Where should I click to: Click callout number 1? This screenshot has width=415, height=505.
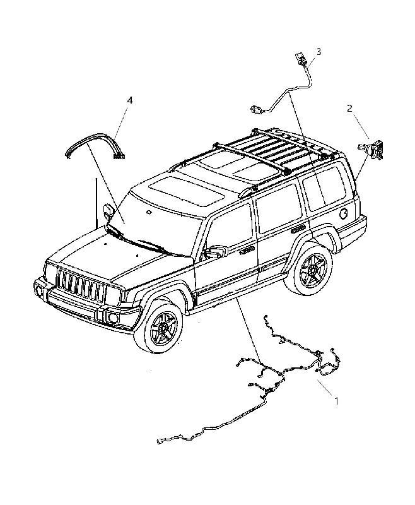pyautogui.click(x=337, y=401)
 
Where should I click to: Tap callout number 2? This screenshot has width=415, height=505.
pyautogui.click(x=349, y=109)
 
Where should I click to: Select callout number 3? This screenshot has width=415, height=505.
pyautogui.click(x=319, y=52)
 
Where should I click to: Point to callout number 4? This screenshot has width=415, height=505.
pyautogui.click(x=130, y=100)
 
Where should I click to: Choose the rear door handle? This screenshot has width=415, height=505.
pyautogui.click(x=298, y=229)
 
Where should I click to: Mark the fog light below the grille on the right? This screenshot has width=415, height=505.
pyautogui.click(x=114, y=318)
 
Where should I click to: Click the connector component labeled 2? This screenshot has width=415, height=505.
pyautogui.click(x=372, y=149)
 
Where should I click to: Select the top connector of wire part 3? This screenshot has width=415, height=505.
pyautogui.click(x=300, y=59)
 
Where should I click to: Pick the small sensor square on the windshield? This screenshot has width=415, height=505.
pyautogui.click(x=149, y=212)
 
